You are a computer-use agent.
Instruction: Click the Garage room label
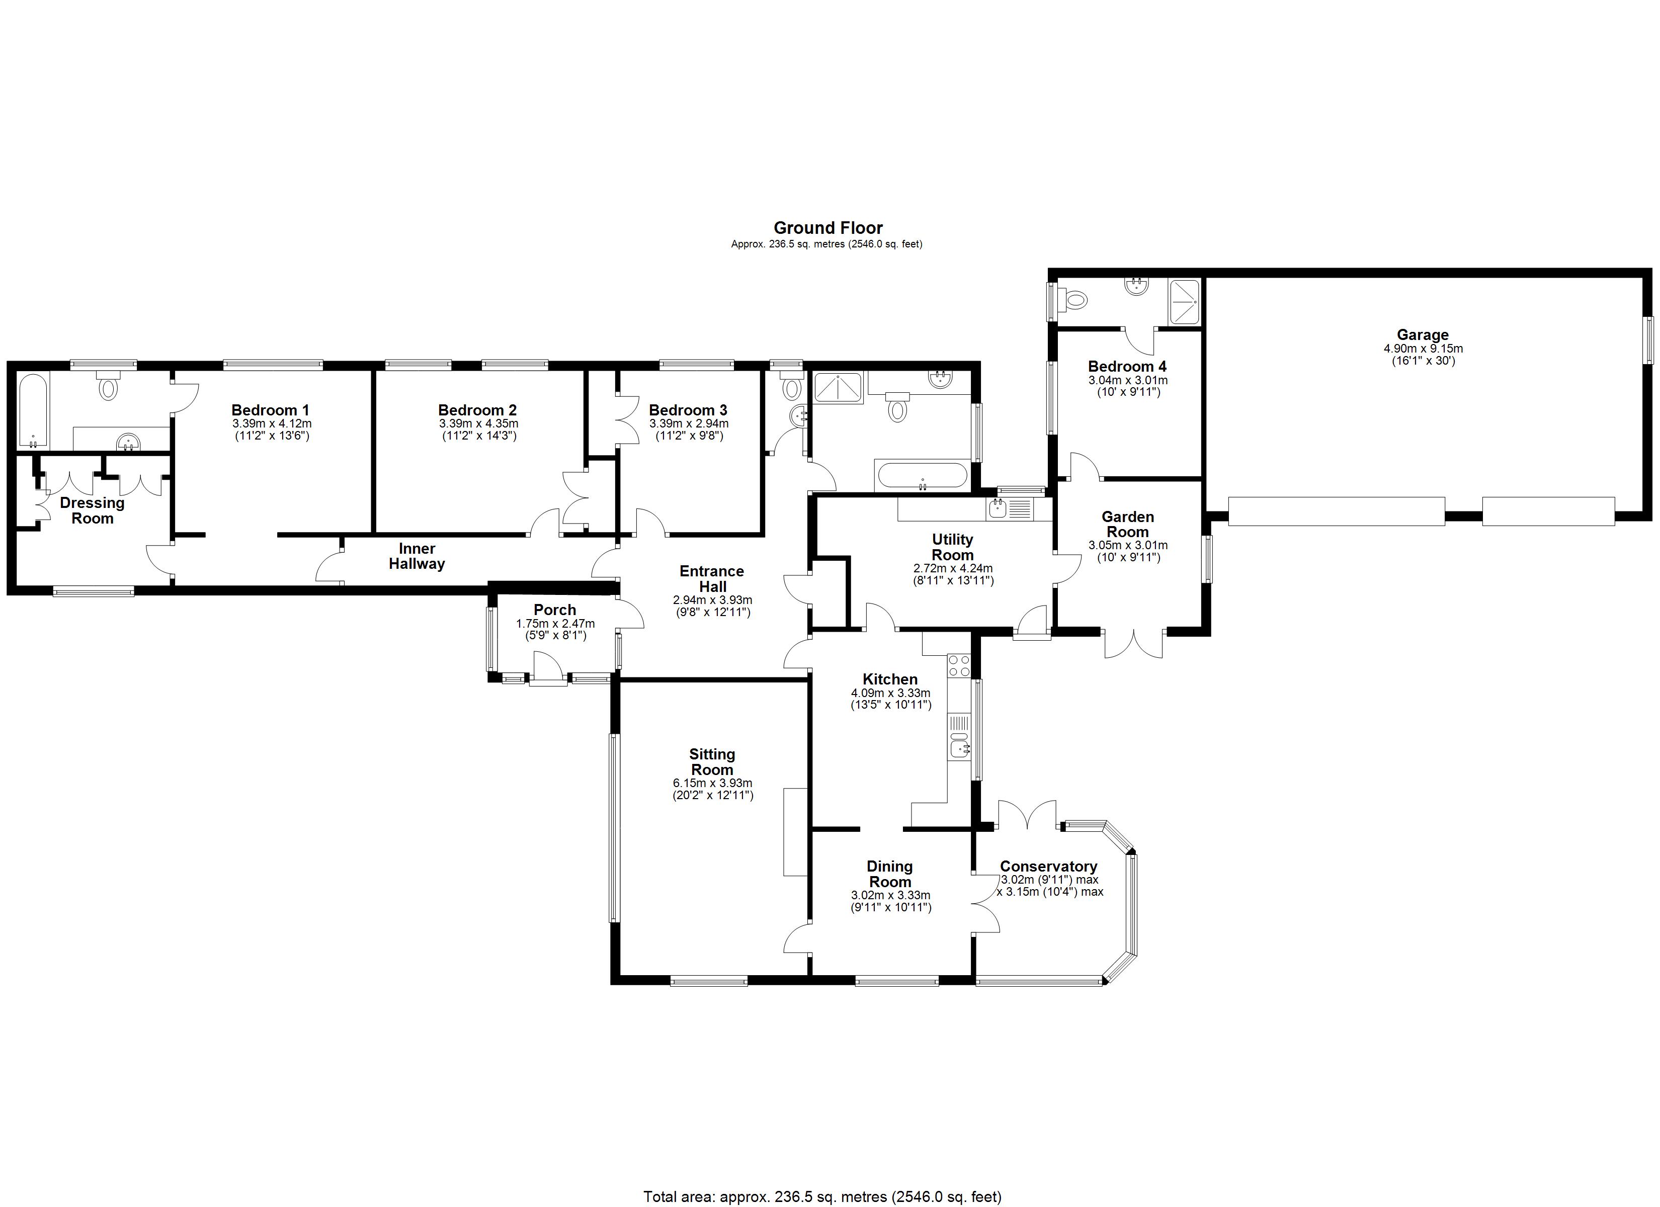(1422, 335)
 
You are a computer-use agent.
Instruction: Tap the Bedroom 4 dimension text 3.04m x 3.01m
(1127, 380)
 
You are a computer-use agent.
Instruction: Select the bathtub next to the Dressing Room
(33, 411)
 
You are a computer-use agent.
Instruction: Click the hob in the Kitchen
(959, 665)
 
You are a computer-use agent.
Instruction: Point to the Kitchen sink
(959, 748)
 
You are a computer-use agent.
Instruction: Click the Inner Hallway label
(417, 556)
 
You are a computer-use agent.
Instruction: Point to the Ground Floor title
(828, 228)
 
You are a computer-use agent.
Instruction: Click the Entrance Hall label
(711, 579)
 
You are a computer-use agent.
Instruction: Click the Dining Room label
(889, 874)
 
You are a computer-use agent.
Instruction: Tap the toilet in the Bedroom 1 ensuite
(108, 386)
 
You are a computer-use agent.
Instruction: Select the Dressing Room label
(92, 510)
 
